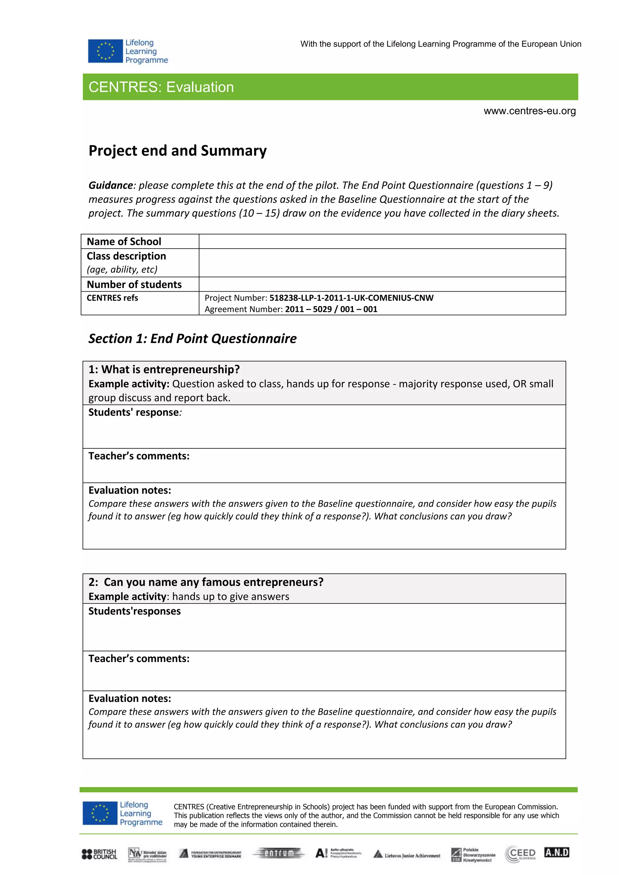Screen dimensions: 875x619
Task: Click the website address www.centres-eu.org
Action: point(530,111)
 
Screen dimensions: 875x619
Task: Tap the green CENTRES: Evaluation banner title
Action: point(161,87)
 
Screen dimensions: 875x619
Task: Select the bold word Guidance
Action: point(111,185)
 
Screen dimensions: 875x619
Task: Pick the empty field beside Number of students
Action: point(382,284)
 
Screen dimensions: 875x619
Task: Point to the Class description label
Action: point(126,256)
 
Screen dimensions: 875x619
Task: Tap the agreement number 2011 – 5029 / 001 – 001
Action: point(331,309)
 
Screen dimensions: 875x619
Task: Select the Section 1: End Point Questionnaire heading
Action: point(193,338)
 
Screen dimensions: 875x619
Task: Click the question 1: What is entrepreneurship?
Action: point(164,369)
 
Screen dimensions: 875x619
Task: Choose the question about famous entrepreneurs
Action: point(206,582)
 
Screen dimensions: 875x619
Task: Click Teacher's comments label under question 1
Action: point(139,456)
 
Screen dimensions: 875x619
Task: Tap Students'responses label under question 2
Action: point(134,611)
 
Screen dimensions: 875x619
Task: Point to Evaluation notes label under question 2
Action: point(130,698)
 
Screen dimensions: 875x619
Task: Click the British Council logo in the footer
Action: point(99,854)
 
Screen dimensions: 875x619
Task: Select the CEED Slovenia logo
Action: point(520,854)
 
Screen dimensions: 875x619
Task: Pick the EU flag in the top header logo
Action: point(105,51)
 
